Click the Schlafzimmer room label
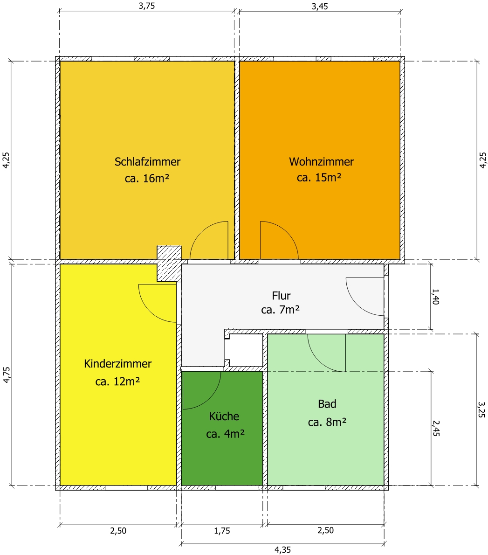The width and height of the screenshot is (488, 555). click(x=147, y=162)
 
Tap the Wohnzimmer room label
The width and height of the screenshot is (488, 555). click(x=322, y=162)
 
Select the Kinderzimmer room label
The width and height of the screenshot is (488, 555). click(x=118, y=363)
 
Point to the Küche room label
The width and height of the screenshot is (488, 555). click(x=224, y=416)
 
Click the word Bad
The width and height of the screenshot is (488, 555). click(x=327, y=404)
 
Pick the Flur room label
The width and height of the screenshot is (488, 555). click(x=281, y=296)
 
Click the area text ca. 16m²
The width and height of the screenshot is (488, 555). click(x=147, y=178)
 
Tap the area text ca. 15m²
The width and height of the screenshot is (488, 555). click(x=319, y=177)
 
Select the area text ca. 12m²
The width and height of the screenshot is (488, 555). click(x=118, y=382)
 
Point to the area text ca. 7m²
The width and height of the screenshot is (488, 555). click(x=281, y=310)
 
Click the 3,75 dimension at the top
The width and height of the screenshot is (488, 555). click(x=147, y=6)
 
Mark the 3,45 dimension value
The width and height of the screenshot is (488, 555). click(x=320, y=7)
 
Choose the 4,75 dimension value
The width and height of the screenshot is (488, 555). click(x=7, y=375)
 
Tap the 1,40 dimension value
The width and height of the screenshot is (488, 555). click(x=436, y=297)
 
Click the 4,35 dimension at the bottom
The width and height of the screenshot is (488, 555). click(x=282, y=550)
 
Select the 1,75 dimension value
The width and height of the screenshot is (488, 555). click(x=222, y=531)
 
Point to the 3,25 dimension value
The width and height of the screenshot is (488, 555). click(x=481, y=409)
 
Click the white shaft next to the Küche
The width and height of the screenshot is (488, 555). click(x=244, y=350)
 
